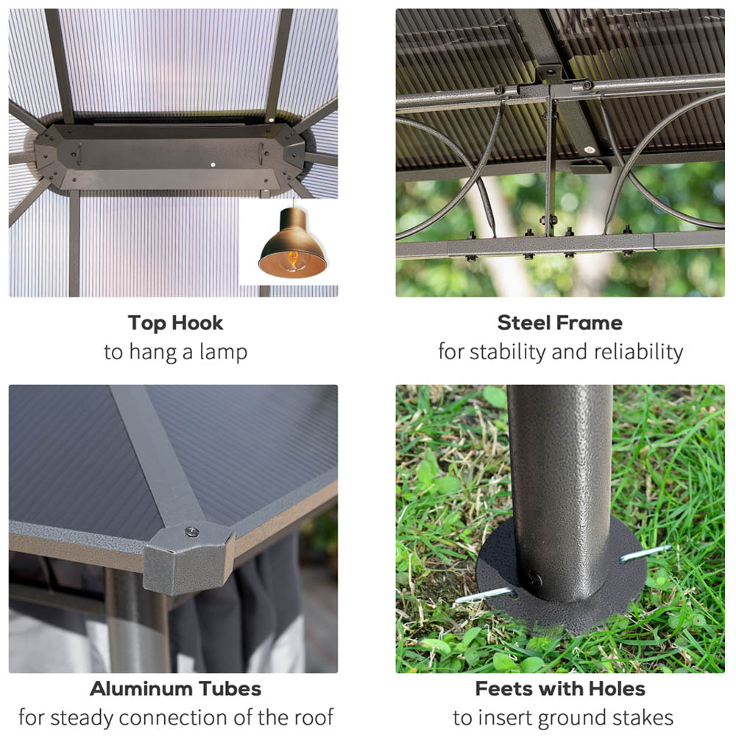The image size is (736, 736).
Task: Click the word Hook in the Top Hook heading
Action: pyautogui.click(x=197, y=323)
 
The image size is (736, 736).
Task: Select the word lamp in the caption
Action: pyautogui.click(x=223, y=352)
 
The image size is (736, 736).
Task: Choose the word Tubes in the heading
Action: pyautogui.click(x=230, y=689)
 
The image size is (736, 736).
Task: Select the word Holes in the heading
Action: pyautogui.click(x=617, y=689)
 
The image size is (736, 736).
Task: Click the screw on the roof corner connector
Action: pyautogui.click(x=191, y=532)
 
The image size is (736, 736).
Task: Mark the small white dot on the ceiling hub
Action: pyautogui.click(x=213, y=165)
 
